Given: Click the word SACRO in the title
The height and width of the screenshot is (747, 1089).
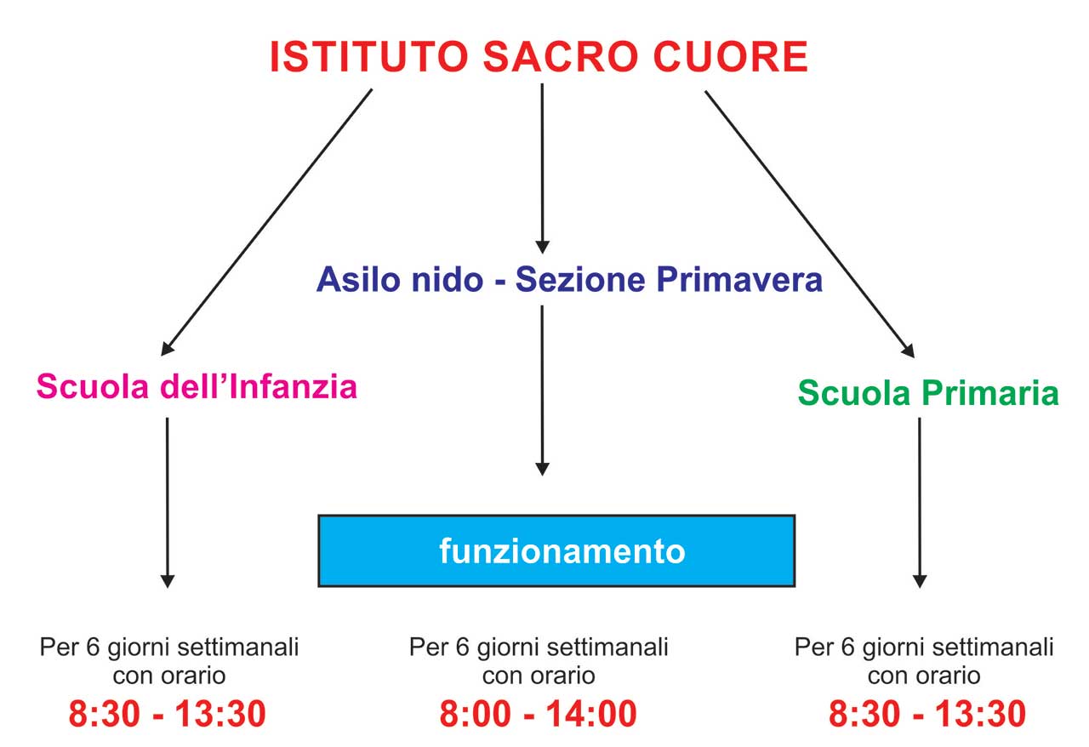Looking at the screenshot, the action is (x=561, y=57).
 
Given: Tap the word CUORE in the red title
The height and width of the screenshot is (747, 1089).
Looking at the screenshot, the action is (x=731, y=57).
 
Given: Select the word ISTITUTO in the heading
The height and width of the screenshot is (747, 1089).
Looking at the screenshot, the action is (x=369, y=57).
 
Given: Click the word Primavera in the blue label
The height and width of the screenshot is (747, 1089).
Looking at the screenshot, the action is (x=739, y=280).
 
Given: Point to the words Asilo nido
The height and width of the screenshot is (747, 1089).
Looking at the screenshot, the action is (x=400, y=280).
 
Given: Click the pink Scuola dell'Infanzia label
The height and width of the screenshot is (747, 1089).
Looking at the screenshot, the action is (x=197, y=386).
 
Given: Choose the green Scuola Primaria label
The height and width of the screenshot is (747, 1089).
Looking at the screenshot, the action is (x=928, y=392).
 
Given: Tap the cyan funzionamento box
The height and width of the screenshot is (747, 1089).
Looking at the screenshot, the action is (x=556, y=551).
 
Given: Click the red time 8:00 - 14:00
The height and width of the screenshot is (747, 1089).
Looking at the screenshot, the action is (x=539, y=714).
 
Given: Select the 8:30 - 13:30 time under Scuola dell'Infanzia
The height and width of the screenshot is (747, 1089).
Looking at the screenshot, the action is (x=168, y=714).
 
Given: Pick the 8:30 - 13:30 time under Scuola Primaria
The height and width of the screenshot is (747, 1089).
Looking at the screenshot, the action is (x=927, y=714).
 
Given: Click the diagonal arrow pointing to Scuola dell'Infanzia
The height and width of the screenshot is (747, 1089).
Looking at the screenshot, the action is (x=266, y=222).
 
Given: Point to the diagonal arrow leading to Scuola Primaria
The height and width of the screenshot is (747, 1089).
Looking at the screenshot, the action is (x=810, y=225).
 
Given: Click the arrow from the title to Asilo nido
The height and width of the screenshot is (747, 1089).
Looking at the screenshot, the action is (x=542, y=168).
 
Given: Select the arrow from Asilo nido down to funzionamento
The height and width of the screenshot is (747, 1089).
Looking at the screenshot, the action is (x=542, y=391).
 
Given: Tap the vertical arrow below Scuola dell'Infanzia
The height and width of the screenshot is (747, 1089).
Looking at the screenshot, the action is (x=168, y=503).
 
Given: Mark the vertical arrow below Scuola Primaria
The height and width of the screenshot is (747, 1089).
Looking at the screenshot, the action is (x=920, y=503).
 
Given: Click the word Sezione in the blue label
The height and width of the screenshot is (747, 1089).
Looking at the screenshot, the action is (x=580, y=280).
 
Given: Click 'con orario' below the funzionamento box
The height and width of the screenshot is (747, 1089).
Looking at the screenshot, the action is (x=539, y=676).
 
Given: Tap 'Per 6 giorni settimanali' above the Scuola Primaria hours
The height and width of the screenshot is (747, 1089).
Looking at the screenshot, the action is (x=924, y=647).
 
